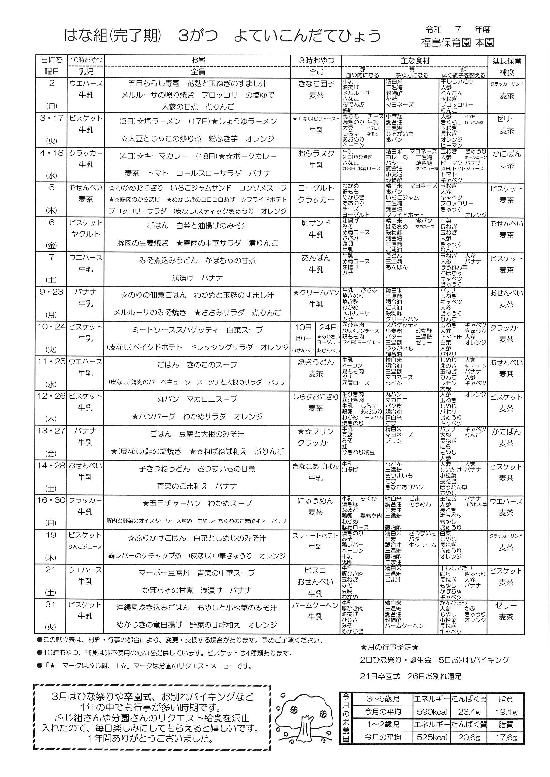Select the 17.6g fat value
pos(506,738)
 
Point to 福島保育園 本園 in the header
pos(458,43)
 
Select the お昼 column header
pos(198,60)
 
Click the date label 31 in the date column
pos(51,604)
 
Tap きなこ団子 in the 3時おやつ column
pos(316,84)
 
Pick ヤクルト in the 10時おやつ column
pos(86,234)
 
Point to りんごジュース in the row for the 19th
pos(85,547)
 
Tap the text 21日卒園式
pos(380,677)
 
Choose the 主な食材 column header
pos(415,61)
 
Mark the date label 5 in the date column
pos(52,187)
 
